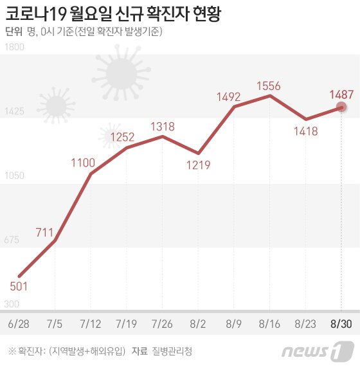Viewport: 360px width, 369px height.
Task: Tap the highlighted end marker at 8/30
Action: click(x=342, y=107)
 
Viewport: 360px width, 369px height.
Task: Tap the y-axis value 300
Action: click(x=12, y=304)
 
